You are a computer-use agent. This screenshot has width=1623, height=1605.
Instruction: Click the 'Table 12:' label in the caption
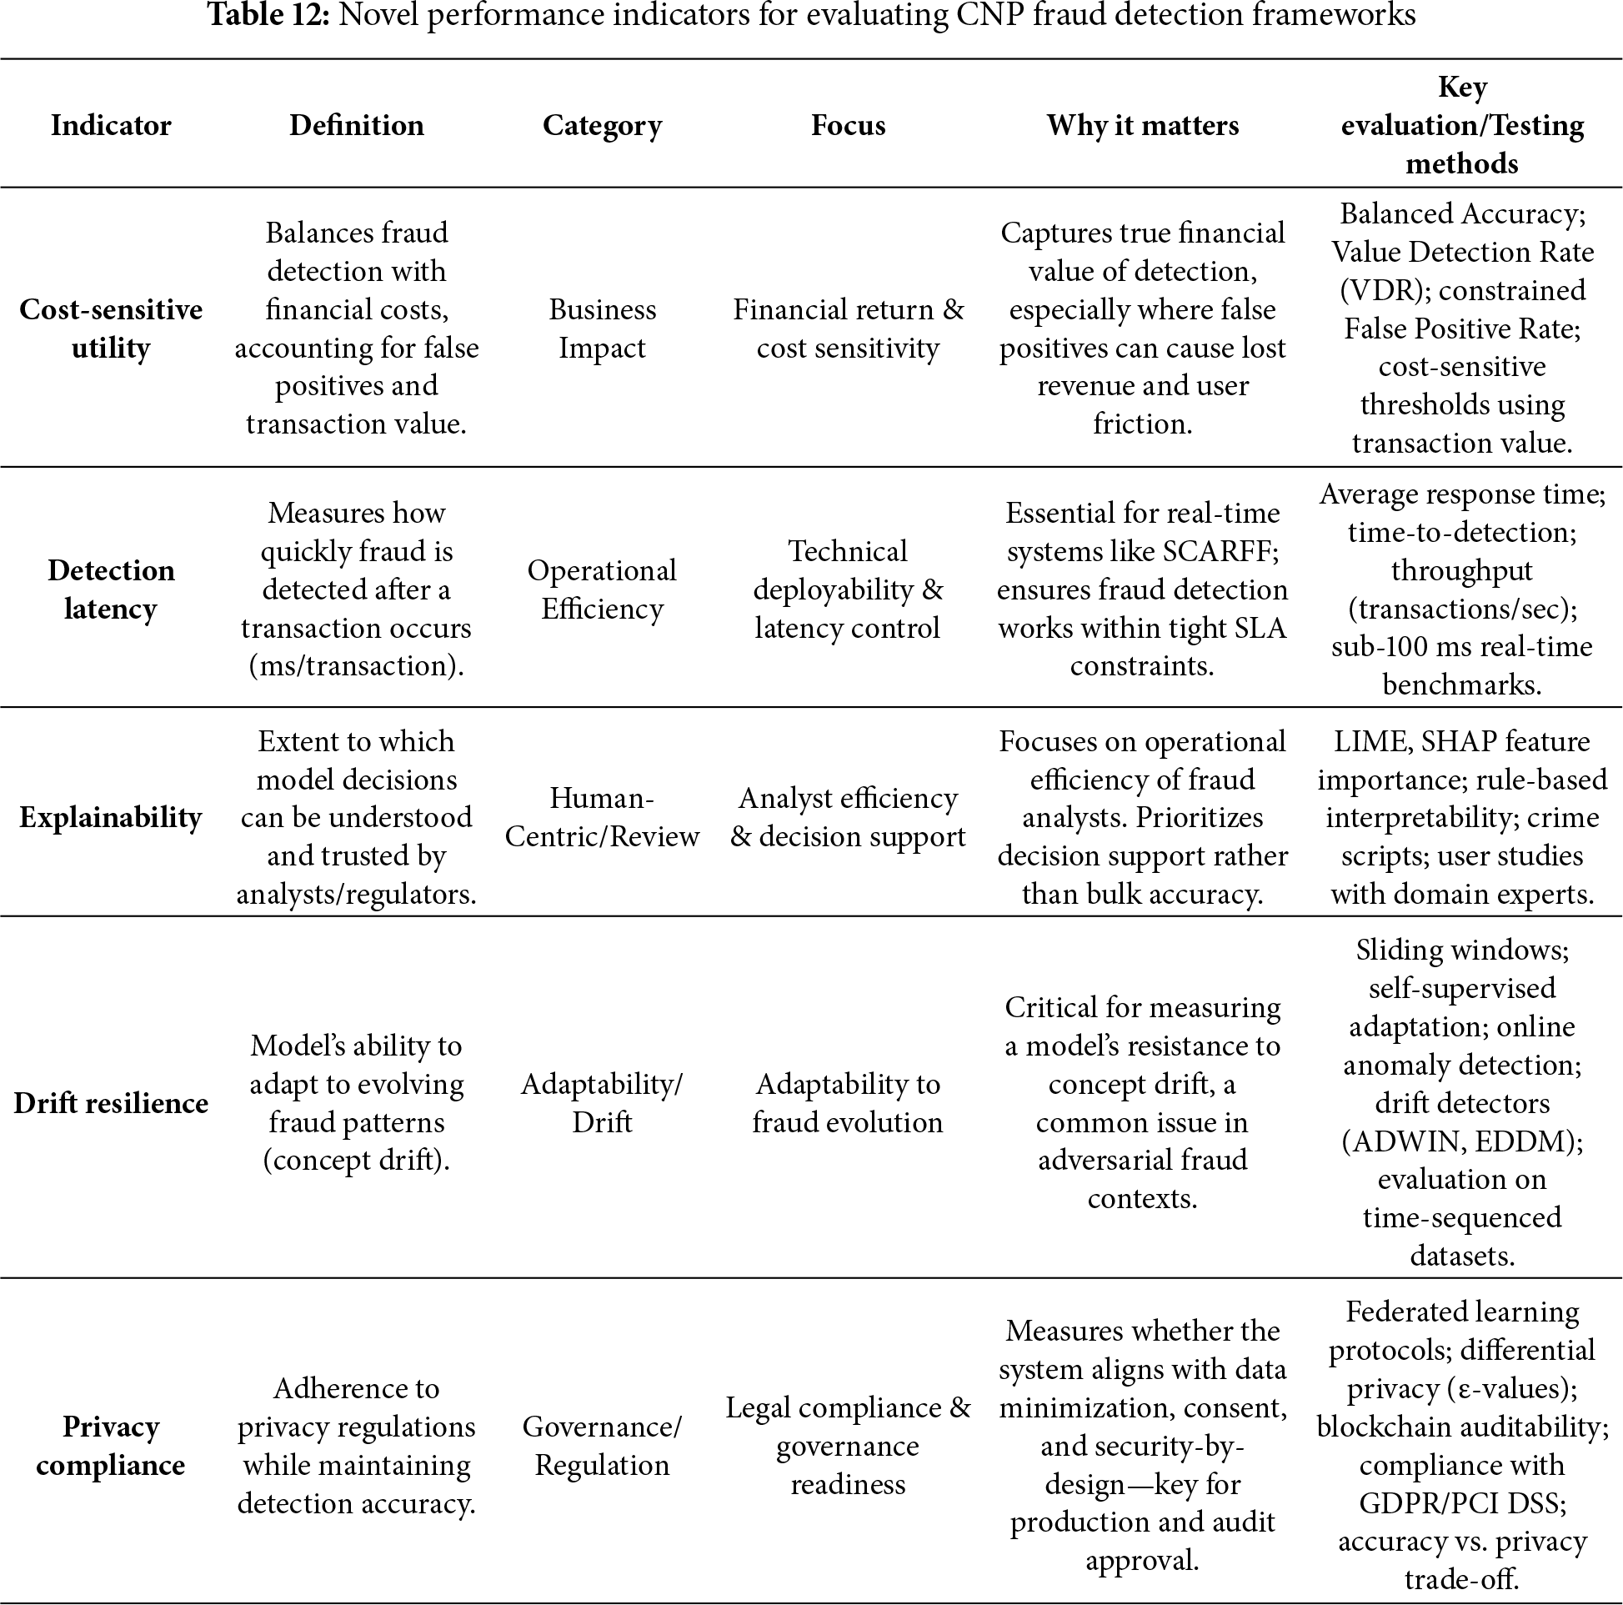268,15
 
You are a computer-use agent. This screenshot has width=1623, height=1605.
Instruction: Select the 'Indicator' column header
111,125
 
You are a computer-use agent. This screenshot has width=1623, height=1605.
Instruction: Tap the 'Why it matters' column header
1142,125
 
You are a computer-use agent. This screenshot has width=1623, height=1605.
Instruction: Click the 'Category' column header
602,125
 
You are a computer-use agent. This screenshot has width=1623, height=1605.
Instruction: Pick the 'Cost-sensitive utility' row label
111,329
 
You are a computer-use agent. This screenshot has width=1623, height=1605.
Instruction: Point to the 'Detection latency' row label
111,589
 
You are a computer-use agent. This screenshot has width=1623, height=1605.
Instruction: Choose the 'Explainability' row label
111,817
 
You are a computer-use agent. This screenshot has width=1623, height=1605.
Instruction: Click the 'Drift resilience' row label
111,1102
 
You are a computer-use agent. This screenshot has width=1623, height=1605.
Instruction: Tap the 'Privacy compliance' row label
111,1446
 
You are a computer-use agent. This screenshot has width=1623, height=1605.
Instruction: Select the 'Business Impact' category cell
602,329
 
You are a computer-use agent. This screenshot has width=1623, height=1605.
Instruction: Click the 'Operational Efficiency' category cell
602,589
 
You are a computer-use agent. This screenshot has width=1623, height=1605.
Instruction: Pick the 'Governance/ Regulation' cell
602,1446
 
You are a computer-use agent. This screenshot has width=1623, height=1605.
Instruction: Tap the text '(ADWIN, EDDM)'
1461,1141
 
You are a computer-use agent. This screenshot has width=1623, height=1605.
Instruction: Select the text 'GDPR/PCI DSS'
1462,1502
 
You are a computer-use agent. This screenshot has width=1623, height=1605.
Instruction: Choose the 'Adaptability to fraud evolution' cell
848,1102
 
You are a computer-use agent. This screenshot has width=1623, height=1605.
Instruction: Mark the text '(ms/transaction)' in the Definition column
356,665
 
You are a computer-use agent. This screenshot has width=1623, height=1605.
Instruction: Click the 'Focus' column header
848,125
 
